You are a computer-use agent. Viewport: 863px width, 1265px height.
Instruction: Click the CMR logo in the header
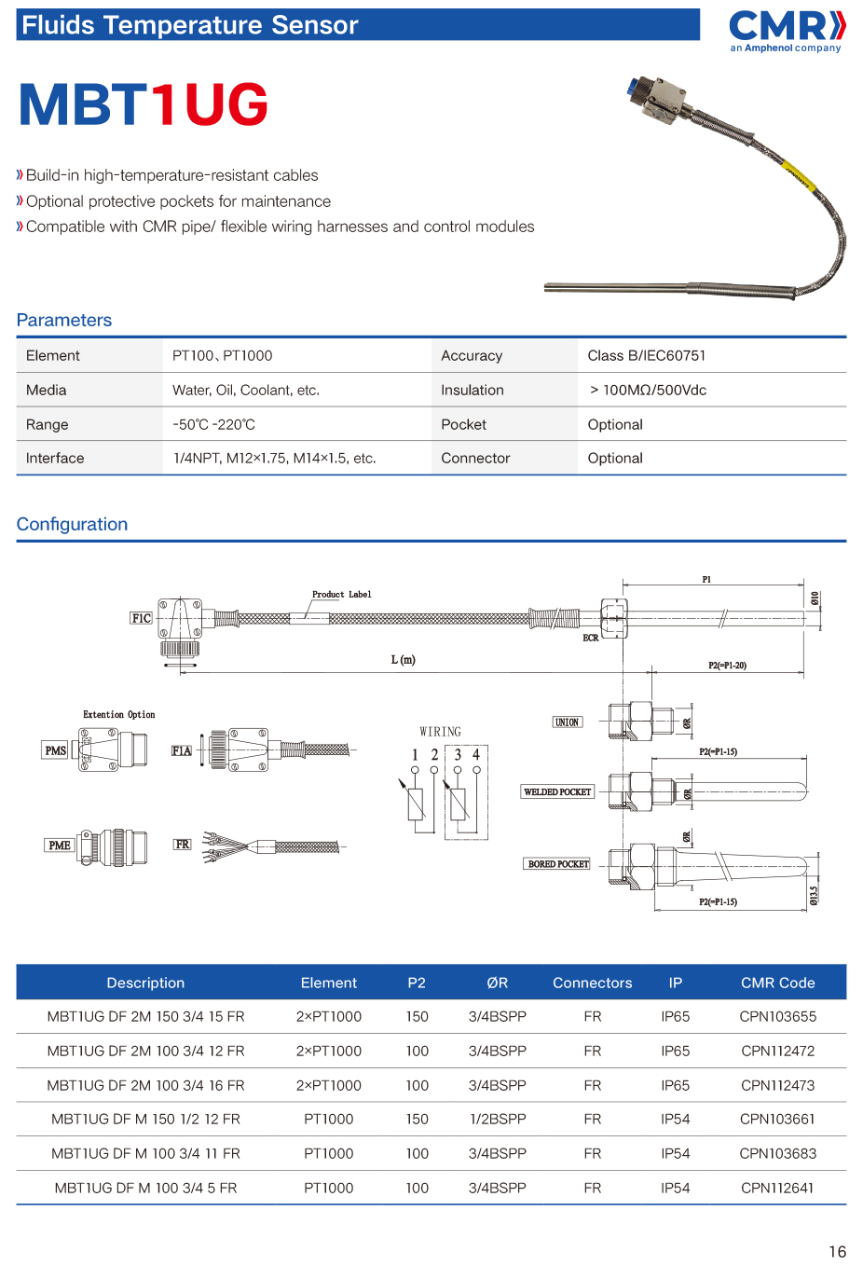click(x=786, y=31)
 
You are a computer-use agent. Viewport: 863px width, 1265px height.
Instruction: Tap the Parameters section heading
click(x=64, y=320)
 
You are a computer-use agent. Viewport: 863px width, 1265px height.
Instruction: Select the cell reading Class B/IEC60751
click(x=646, y=355)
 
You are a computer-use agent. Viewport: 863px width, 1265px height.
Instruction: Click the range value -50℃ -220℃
click(x=213, y=424)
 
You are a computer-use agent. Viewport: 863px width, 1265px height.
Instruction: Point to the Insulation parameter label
click(x=472, y=390)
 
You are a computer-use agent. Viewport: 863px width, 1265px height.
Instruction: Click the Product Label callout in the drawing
click(x=341, y=594)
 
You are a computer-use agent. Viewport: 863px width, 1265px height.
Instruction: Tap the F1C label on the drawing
click(x=142, y=618)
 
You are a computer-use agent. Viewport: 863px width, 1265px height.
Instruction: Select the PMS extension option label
click(x=56, y=750)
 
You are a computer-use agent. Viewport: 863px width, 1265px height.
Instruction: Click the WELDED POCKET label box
click(x=557, y=791)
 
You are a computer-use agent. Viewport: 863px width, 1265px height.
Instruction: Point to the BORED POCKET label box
click(x=558, y=864)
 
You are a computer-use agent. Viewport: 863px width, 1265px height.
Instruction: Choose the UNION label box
click(x=567, y=722)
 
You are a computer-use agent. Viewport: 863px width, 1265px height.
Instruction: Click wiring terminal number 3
click(x=458, y=754)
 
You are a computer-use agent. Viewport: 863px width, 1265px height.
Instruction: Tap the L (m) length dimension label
click(x=403, y=659)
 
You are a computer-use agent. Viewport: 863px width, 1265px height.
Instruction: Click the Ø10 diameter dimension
click(x=815, y=598)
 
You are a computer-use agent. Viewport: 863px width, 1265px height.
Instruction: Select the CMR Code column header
click(x=777, y=983)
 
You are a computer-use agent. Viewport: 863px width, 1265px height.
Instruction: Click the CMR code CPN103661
click(x=777, y=1119)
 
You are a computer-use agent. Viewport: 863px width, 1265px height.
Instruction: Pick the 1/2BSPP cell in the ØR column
click(x=498, y=1119)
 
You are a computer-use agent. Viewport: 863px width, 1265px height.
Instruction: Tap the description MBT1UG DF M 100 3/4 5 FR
click(x=145, y=1188)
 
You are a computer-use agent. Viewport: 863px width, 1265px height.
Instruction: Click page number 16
click(x=837, y=1251)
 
